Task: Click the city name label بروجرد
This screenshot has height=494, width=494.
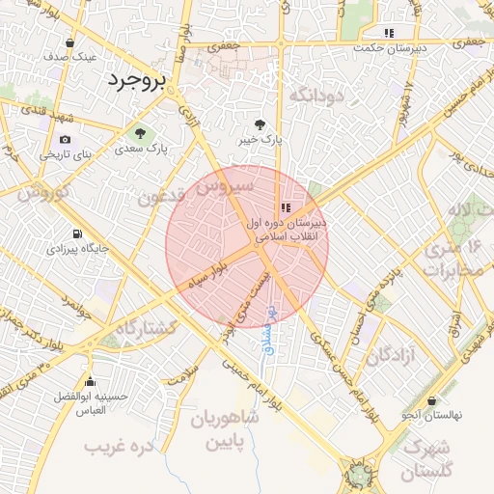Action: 136,79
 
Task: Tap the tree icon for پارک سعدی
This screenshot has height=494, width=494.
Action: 141,133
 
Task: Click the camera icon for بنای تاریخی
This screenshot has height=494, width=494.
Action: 66,139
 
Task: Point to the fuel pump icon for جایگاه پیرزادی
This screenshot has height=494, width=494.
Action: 76,233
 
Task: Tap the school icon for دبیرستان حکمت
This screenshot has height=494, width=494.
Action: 388,33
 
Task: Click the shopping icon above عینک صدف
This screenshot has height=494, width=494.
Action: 70,42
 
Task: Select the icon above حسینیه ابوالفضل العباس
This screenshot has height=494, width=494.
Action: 91,382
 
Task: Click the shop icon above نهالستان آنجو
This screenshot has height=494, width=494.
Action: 431,400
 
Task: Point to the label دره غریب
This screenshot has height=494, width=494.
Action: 120,447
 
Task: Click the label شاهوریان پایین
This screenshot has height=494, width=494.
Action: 225,431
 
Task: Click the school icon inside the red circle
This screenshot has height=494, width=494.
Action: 285,207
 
